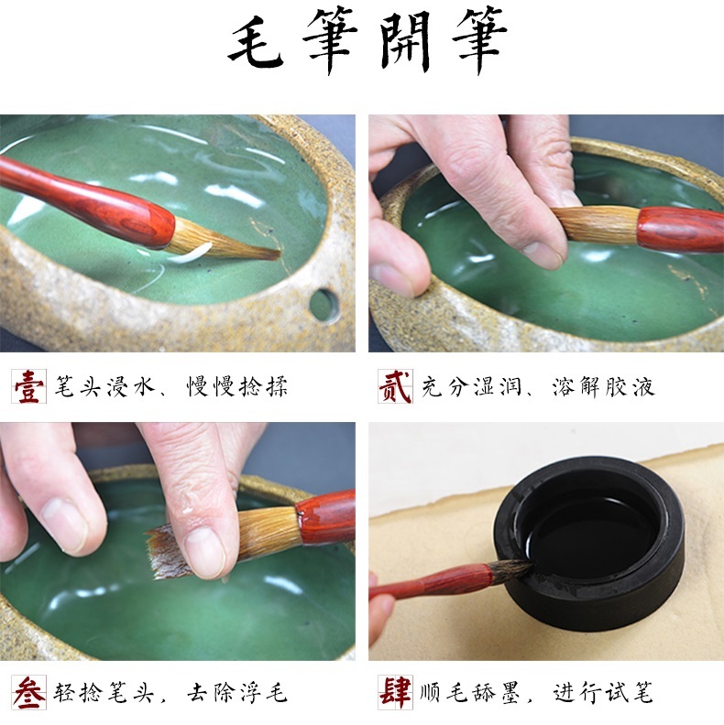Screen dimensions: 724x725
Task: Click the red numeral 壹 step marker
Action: pyautogui.click(x=28, y=386)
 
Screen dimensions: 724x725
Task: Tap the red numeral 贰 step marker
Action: pyautogui.click(x=395, y=386)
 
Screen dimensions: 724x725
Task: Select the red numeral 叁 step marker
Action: pyautogui.click(x=28, y=692)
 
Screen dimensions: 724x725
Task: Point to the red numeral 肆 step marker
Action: pyautogui.click(x=395, y=692)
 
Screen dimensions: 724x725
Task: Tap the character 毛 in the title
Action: pyautogui.click(x=256, y=42)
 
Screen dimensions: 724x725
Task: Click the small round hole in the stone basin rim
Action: pyautogui.click(x=324, y=305)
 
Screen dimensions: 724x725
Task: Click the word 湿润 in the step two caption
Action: pyautogui.click(x=497, y=387)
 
